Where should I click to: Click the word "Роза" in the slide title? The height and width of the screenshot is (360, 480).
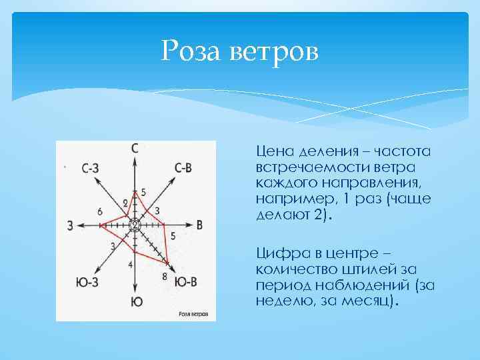[194, 49]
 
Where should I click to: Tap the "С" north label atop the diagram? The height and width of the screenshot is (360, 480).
[135, 148]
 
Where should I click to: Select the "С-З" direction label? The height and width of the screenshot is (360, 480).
[91, 169]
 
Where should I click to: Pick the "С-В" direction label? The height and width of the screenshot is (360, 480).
[183, 169]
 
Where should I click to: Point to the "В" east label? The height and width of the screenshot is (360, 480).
[199, 225]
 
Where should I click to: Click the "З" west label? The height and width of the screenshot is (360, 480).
[71, 226]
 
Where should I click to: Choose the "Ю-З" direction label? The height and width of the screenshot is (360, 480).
[86, 282]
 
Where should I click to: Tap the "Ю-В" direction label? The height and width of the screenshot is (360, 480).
[185, 282]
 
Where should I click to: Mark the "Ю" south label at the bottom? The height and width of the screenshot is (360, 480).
[136, 302]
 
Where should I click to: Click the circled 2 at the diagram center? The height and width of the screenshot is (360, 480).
[135, 225]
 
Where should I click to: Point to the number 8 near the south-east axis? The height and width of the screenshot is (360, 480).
[165, 276]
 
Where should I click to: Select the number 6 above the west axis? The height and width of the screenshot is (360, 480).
[100, 211]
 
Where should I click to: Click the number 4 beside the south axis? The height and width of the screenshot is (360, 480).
[130, 265]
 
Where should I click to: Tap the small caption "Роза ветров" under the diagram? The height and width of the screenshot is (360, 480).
[193, 313]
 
